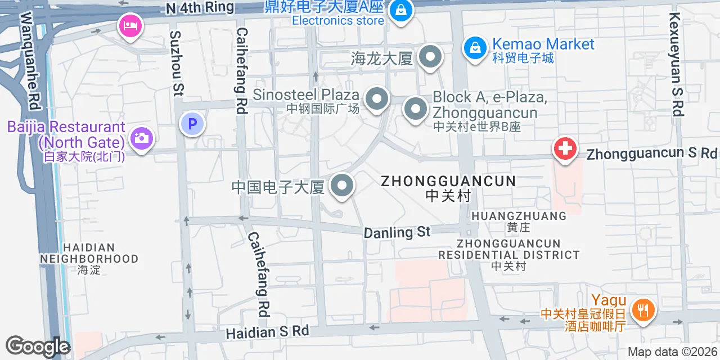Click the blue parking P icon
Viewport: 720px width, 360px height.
192,124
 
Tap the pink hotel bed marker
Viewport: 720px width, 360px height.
130,26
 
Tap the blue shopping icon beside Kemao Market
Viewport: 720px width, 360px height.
475,48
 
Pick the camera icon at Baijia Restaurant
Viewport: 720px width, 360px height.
141,137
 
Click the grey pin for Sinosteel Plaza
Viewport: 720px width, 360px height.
377,100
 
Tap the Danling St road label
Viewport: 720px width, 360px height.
397,232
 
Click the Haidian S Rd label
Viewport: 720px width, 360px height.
268,332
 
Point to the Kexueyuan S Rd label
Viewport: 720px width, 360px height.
675,64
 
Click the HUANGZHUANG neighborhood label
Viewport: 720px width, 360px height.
519,216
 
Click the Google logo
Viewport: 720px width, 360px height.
38,346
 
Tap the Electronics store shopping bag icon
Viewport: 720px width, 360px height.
400,10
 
